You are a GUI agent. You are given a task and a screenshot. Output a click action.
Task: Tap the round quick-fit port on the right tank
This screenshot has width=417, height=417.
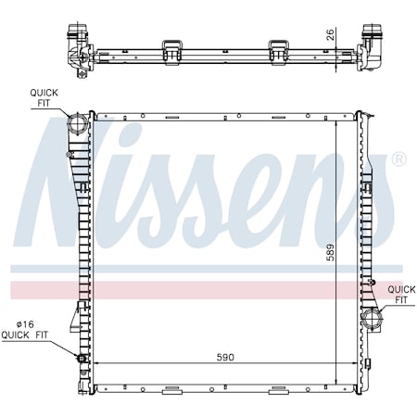(x=373, y=322)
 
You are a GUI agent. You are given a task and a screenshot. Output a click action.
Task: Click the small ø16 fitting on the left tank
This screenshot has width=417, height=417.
(x=82, y=359)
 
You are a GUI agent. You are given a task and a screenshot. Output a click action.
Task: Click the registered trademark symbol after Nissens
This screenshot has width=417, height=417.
(x=398, y=159)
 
